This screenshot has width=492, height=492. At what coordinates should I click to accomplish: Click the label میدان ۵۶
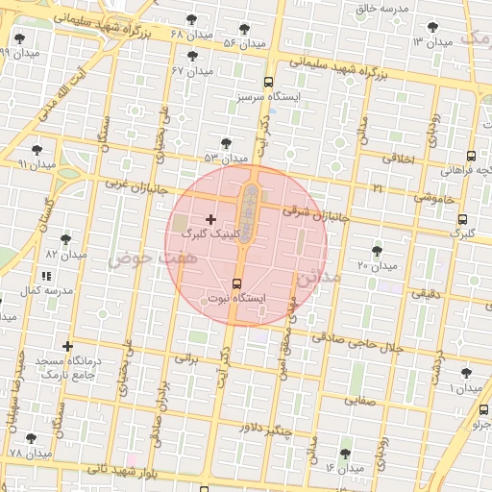243,43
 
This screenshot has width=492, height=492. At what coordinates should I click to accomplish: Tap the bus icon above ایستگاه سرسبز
269,83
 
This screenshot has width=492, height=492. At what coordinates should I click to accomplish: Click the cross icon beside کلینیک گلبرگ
211,220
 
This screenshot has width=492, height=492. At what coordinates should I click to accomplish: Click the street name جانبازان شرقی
312,212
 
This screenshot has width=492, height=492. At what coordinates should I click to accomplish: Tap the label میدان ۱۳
432,42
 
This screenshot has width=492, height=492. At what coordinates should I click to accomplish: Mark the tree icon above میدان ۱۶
345,453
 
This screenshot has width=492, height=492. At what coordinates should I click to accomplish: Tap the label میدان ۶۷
191,71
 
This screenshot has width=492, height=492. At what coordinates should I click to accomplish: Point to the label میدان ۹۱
37,164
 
